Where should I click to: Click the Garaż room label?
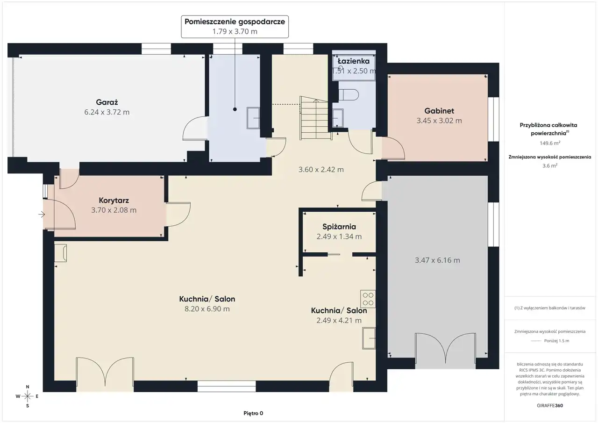click(107, 102)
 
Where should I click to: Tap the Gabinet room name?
click(439, 111)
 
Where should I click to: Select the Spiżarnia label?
click(339, 227)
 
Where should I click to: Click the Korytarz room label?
click(114, 201)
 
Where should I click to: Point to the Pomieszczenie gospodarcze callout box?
click(235, 27)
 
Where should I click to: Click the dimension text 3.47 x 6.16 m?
click(437, 260)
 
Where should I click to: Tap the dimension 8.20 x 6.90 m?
click(207, 308)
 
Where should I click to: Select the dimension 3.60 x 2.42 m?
click(321, 170)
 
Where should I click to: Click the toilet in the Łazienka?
click(349, 94)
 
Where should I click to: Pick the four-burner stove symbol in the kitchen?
click(368, 299)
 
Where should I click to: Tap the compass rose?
click(27, 396)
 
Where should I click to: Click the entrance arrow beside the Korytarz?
click(42, 214)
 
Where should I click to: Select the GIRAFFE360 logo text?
click(550, 405)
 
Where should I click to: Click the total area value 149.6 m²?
click(550, 143)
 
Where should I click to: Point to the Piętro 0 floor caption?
click(253, 413)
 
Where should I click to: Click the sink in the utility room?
click(253, 118)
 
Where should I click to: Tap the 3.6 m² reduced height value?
click(550, 165)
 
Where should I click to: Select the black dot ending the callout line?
click(235, 109)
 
